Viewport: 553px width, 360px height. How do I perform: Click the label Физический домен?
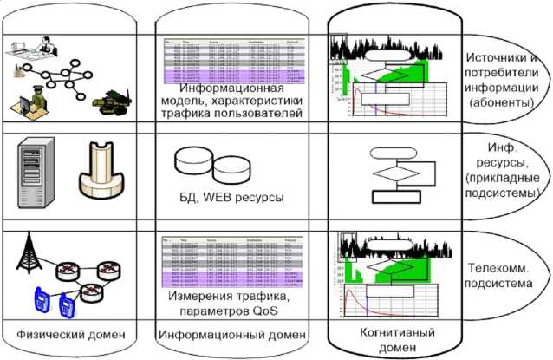(69, 335)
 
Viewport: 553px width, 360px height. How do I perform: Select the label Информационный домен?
(231, 335)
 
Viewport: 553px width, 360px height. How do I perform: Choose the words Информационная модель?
(231, 88)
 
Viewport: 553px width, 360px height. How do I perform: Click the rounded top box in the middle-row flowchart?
(393, 154)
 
